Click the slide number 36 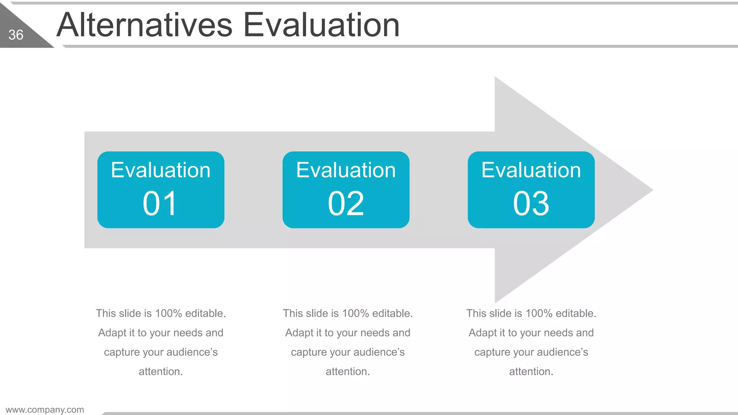pyautogui.click(x=16, y=35)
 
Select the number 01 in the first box pyautogui.click(x=160, y=204)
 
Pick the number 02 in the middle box pyautogui.click(x=346, y=204)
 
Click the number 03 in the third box pyautogui.click(x=531, y=204)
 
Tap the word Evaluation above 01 pyautogui.click(x=161, y=170)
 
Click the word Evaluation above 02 pyautogui.click(x=346, y=170)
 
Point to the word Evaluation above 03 pyautogui.click(x=531, y=170)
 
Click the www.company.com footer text pyautogui.click(x=45, y=410)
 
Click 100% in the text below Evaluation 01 pyautogui.click(x=168, y=313)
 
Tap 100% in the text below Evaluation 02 pyautogui.click(x=355, y=313)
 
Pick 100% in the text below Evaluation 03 pyautogui.click(x=539, y=313)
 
